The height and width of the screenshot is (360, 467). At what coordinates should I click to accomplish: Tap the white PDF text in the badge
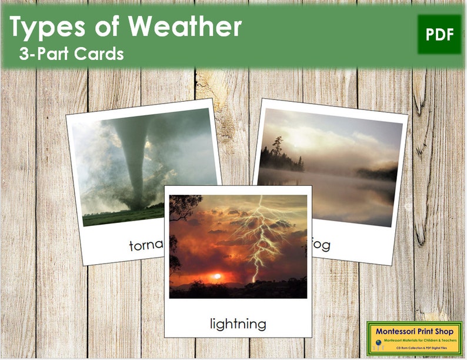(x=439, y=35)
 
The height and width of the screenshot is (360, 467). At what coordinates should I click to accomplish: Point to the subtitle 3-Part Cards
(x=71, y=54)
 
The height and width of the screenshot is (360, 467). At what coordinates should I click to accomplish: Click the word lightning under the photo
(x=238, y=323)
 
